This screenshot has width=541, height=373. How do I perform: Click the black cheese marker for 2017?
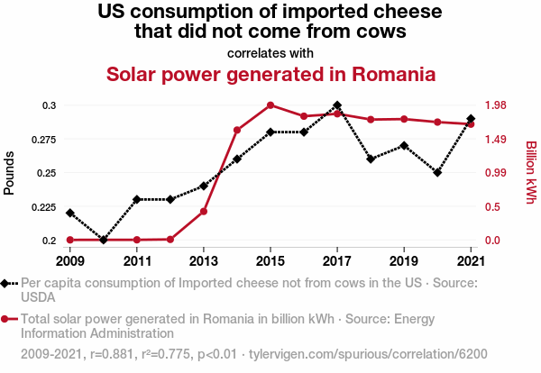click(337, 105)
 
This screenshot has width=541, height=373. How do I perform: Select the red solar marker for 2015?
click(270, 105)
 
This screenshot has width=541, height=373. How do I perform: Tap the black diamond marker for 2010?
click(104, 240)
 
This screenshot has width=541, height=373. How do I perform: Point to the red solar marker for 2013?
click(204, 211)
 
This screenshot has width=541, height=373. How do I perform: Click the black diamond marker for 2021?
click(471, 119)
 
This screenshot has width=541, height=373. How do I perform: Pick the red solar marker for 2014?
click(237, 131)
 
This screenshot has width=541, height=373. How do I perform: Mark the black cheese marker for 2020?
click(437, 172)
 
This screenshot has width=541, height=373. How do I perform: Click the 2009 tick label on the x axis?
click(70, 261)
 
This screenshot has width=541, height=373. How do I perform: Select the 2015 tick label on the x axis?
click(270, 261)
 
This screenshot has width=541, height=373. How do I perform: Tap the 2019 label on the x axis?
click(404, 261)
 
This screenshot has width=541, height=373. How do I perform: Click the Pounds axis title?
click(10, 172)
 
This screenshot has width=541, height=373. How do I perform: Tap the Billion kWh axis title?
click(531, 172)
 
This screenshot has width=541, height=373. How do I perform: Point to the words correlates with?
click(270, 52)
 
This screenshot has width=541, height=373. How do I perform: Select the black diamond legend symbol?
click(6, 283)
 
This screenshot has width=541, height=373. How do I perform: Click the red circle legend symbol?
click(6, 319)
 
